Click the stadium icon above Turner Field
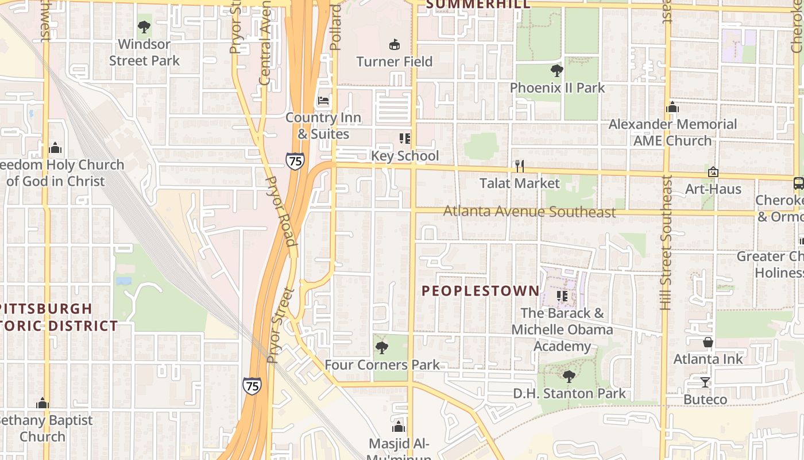click(395, 44)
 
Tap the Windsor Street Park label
click(144, 52)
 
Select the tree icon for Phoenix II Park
click(556, 71)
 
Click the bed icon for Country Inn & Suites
click(324, 101)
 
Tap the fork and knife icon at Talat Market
click(520, 166)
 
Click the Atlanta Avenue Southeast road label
click(529, 212)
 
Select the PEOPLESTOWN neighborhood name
click(481, 291)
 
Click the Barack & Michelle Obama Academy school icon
click(562, 296)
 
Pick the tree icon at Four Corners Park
click(381, 348)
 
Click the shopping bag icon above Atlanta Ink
click(708, 342)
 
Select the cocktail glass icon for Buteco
click(705, 382)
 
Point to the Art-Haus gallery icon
click(713, 172)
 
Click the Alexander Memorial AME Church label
click(672, 132)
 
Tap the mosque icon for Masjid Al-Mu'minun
click(399, 427)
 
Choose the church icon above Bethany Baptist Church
click(42, 403)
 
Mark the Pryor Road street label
click(281, 212)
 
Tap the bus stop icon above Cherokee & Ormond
click(798, 183)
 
